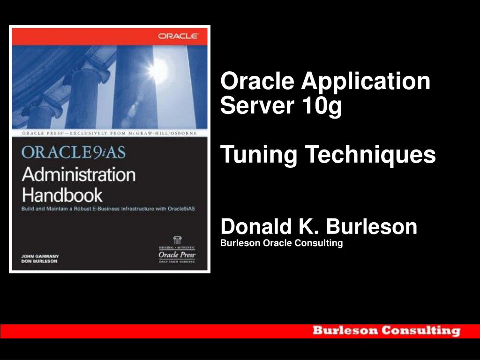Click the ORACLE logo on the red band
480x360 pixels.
click(178, 36)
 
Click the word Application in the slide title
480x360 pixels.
click(366, 82)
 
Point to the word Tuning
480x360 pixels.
click(259, 155)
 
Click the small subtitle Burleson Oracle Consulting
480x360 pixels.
click(282, 243)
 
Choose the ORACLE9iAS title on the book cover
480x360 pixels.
click(74, 153)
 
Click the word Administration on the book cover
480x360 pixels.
click(78, 174)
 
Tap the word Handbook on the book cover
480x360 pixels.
click(62, 194)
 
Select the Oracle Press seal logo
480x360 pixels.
click(177, 251)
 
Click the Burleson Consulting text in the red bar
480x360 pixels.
click(386, 330)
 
